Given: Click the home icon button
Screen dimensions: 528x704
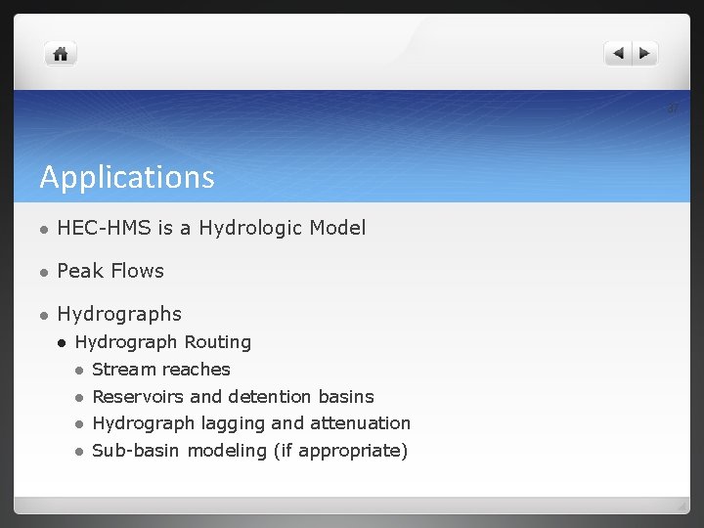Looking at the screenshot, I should coord(61,55).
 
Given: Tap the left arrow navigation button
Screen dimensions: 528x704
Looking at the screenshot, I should coord(618,54).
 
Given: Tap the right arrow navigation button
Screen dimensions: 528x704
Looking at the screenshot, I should coord(645,54).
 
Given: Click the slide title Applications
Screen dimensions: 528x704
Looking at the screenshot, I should coord(127,177).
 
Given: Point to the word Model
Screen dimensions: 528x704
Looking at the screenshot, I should coord(337,228).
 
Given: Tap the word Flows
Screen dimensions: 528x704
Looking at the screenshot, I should coord(138,271).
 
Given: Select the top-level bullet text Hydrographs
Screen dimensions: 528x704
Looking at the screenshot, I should coord(119,314).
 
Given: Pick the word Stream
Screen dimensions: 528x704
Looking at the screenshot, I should coord(121,370).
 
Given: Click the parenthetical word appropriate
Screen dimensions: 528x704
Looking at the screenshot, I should coord(354,451).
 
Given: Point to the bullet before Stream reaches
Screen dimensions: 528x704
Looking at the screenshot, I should coord(78,371).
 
